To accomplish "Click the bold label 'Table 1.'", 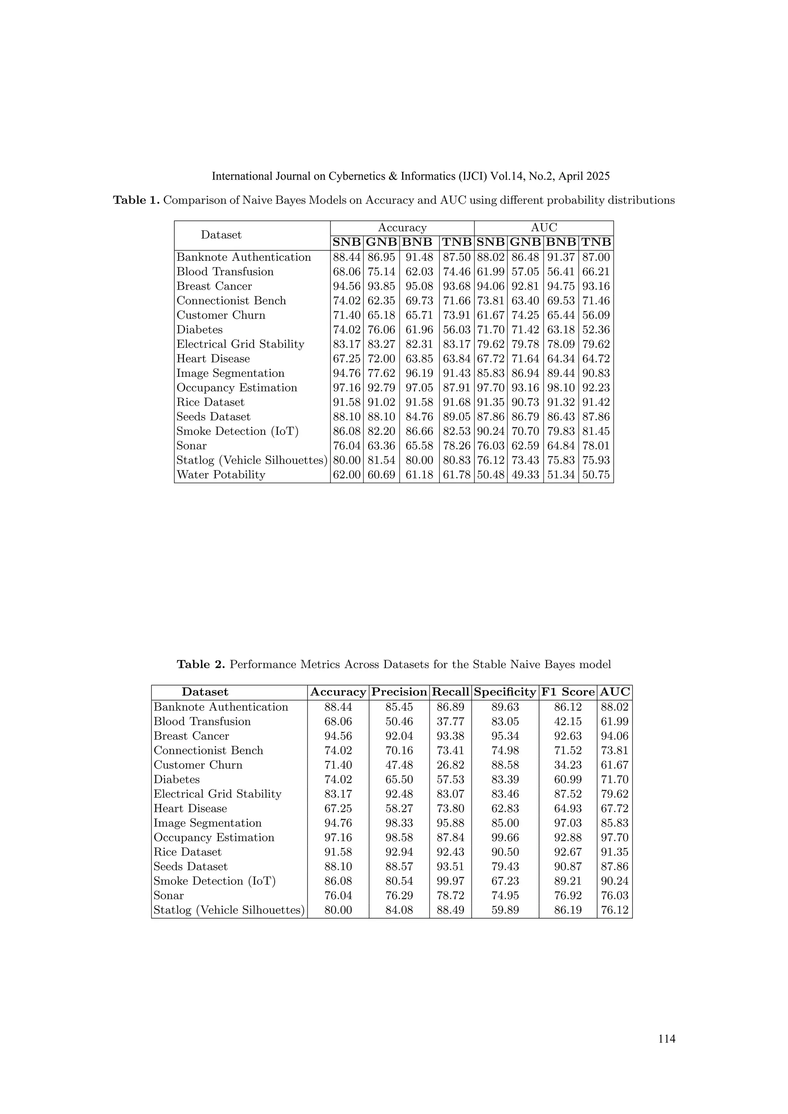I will click(136, 200).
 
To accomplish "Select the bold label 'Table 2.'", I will click(200, 665).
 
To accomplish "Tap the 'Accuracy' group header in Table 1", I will click(402, 228).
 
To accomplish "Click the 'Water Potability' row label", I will click(221, 475).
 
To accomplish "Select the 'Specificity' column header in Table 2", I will click(505, 692).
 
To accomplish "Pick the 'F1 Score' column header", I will click(567, 692).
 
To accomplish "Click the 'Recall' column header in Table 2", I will click(450, 692).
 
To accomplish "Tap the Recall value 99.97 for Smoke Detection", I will click(450, 881).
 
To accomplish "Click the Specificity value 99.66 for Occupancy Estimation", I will click(505, 837).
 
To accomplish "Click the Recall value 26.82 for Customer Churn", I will click(450, 765).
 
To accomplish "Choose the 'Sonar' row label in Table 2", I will click(169, 896).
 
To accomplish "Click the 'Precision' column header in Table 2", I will click(399, 692).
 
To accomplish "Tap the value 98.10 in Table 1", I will click(561, 388).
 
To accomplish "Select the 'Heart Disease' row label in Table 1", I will click(213, 359).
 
